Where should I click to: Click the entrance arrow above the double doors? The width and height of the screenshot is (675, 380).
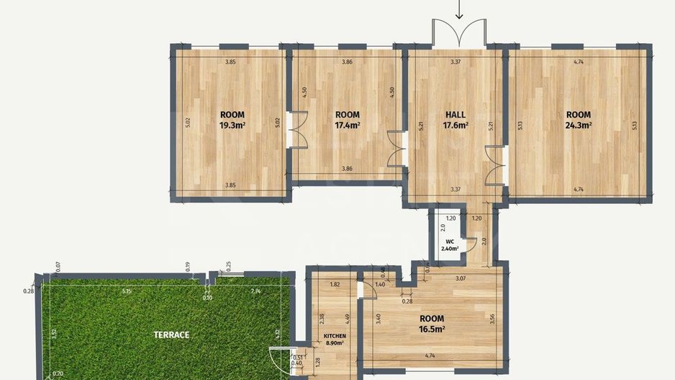coord(459,9)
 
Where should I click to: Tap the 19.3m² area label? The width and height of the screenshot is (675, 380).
coord(232,125)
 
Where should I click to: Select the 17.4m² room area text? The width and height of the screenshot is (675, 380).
coord(348,125)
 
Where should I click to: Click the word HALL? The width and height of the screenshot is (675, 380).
coord(456,115)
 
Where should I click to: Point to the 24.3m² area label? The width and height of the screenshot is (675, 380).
coord(578,125)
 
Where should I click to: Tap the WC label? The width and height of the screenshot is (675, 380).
coord(450,242)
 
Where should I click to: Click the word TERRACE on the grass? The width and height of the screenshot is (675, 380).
coord(171,335)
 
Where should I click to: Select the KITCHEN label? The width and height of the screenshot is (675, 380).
coord(335,336)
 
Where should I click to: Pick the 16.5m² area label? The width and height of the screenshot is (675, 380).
coord(432,329)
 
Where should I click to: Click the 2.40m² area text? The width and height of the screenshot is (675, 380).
coord(450,249)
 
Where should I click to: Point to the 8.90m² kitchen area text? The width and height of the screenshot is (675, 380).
coord(335,343)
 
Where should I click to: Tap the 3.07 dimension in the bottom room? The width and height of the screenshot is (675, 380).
coord(461,278)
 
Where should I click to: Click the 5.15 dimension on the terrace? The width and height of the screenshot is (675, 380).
coord(126,291)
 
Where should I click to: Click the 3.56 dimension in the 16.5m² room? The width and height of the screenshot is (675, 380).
coord(492,319)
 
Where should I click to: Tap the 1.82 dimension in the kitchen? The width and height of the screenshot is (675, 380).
coord(335,285)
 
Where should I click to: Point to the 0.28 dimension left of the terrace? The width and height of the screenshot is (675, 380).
coord(28,291)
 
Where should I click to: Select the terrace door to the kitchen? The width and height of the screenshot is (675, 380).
coord(280,361)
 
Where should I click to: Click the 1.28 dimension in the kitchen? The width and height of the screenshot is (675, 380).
coord(317,362)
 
